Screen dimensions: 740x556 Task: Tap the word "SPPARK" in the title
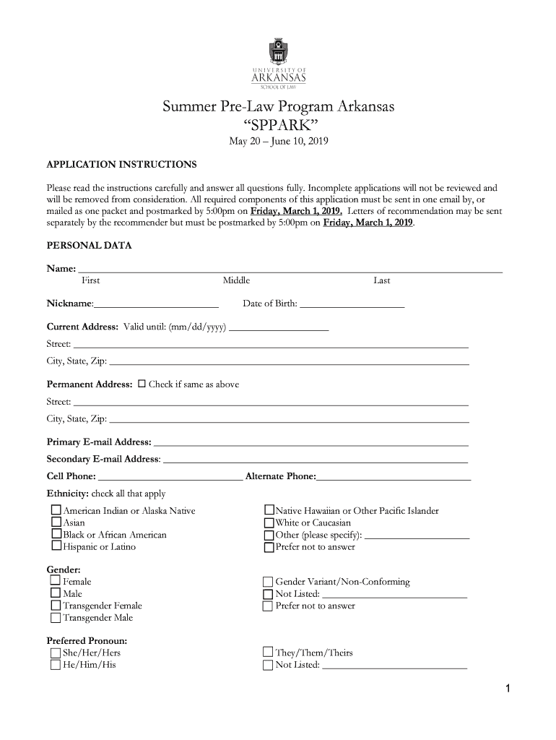278,127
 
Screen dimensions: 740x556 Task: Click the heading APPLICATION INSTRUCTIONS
121,165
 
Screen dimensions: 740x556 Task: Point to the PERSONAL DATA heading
89,246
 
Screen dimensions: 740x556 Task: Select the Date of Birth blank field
352,304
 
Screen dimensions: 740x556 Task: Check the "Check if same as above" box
142,384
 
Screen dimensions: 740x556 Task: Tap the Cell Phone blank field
170,477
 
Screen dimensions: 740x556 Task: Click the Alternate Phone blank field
394,477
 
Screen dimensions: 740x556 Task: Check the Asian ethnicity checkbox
56,522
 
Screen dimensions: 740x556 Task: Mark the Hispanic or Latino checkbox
56,547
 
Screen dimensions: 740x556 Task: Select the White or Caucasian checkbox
269,522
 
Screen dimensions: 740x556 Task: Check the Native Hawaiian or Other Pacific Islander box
269,511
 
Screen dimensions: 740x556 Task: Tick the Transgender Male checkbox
56,618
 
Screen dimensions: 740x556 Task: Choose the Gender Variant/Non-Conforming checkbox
268,582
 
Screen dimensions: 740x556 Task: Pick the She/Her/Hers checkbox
56,653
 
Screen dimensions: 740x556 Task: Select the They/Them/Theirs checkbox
268,653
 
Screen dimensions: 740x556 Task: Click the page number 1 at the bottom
508,689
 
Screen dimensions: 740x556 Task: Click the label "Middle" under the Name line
236,280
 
